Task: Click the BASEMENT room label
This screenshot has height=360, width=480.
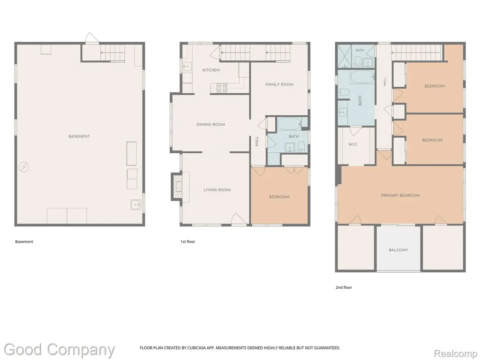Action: tap(79, 136)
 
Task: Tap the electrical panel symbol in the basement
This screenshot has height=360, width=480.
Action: tap(24, 167)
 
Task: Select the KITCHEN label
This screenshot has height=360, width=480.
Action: tap(211, 70)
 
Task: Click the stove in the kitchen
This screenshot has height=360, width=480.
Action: tap(222, 88)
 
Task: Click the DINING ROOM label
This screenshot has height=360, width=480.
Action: tap(210, 125)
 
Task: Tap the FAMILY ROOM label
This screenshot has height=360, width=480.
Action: tap(279, 84)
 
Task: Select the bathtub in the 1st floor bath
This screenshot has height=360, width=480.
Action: tap(290, 124)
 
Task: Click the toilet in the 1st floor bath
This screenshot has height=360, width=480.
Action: tap(301, 147)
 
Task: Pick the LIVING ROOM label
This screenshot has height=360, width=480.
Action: tap(217, 190)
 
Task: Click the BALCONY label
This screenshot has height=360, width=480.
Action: tap(398, 250)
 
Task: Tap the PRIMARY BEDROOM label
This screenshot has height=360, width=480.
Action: tap(400, 195)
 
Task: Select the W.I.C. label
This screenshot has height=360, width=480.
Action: tap(353, 144)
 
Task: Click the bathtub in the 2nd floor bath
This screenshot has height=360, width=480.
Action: tap(362, 77)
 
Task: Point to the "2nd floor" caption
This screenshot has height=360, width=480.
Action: tap(344, 287)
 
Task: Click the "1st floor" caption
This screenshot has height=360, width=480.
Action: tap(187, 241)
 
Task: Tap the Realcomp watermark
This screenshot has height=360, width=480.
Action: tap(455, 354)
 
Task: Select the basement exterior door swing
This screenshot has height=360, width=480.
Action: tap(91, 38)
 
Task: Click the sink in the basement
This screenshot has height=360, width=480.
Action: tap(135, 204)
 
